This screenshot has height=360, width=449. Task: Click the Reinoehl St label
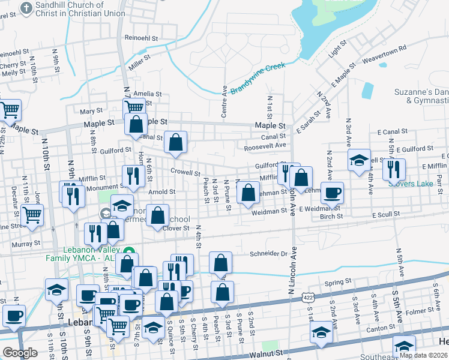click(x=141, y=38)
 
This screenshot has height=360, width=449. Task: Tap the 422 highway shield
click(x=308, y=298)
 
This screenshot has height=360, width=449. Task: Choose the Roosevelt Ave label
click(x=265, y=145)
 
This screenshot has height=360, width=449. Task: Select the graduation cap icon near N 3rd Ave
click(x=360, y=160)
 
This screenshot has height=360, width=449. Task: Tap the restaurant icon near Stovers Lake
click(x=393, y=169)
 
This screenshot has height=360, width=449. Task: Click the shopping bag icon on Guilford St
click(x=175, y=143)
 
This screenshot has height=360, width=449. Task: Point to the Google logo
click(x=20, y=352)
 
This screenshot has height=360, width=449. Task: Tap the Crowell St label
click(x=185, y=172)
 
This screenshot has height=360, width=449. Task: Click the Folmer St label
click(x=419, y=312)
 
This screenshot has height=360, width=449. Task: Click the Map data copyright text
click(x=423, y=355)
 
